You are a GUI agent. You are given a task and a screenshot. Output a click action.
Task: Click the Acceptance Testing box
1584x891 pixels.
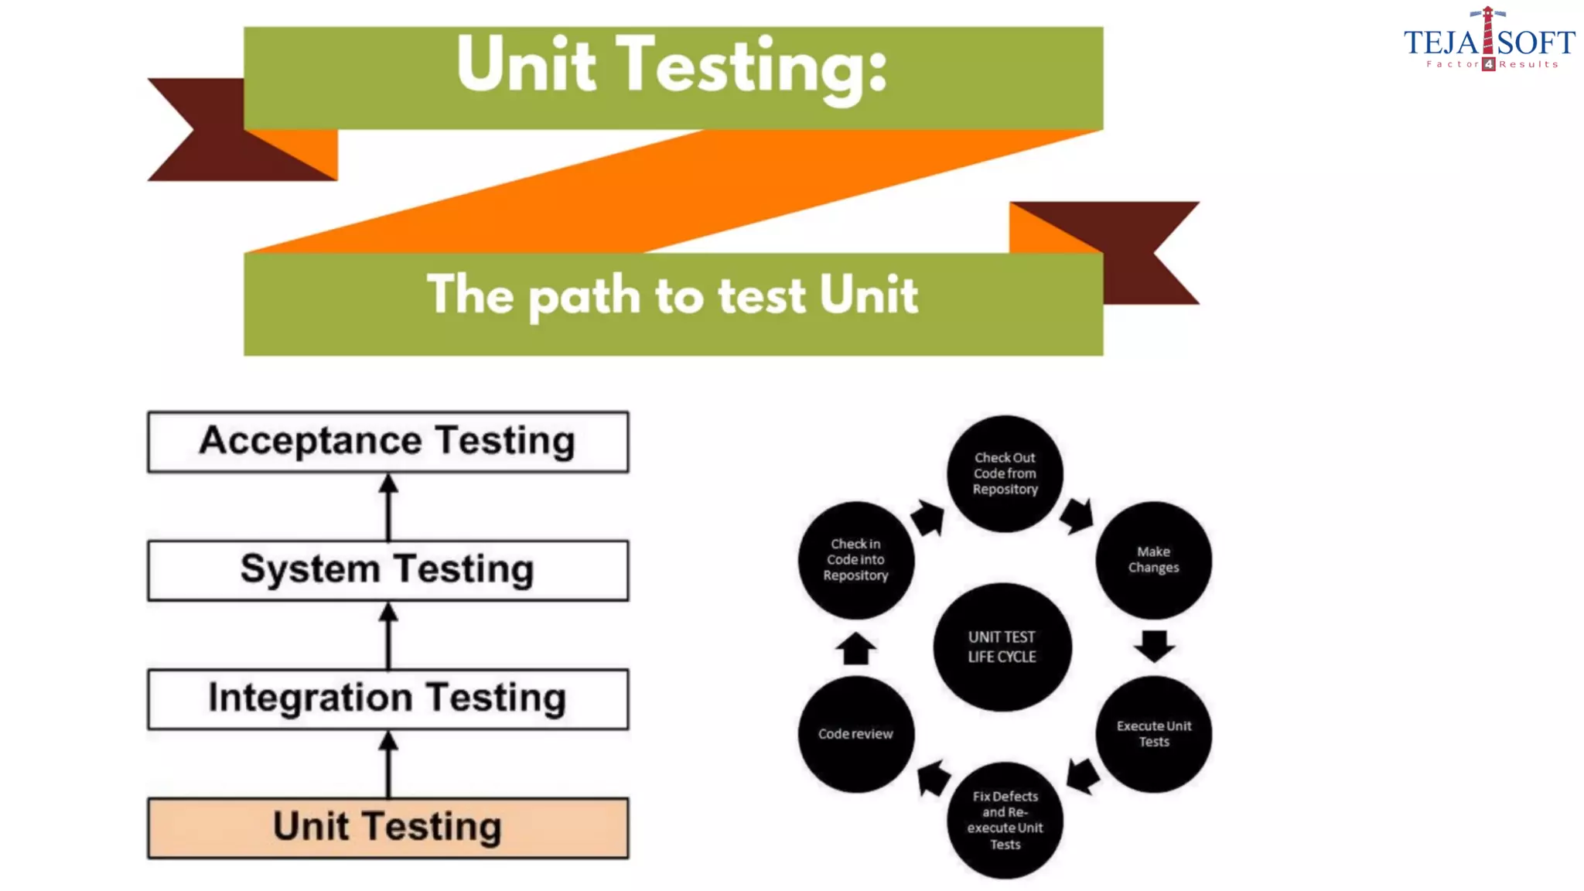coord(387,442)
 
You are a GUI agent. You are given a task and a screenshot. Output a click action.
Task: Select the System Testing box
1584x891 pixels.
coord(387,571)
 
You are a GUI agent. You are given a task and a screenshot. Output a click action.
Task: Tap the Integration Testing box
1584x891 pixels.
coord(387,699)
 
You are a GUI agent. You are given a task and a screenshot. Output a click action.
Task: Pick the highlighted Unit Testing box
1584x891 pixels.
coord(387,828)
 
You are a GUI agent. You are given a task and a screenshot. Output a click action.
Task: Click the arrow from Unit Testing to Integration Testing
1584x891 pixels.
coord(388,764)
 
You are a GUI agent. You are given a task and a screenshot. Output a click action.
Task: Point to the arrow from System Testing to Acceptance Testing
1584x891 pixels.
coord(388,507)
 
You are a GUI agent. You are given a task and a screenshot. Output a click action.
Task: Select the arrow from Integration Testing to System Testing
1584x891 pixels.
coord(388,636)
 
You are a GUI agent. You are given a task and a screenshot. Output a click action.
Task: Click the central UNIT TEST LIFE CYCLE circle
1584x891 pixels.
coord(1002,647)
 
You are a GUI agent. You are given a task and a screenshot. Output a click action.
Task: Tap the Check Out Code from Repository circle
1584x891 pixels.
coord(1005,473)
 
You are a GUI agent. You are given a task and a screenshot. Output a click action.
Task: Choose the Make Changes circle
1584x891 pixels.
coord(1153,560)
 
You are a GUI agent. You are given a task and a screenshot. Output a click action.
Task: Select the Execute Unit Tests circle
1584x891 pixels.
coord(1153,733)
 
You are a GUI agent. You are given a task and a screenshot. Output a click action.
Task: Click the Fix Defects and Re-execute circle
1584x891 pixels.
coord(1005,820)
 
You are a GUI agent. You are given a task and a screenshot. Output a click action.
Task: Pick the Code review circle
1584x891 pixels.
coord(855,733)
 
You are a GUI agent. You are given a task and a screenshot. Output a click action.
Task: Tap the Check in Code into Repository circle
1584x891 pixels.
coord(855,560)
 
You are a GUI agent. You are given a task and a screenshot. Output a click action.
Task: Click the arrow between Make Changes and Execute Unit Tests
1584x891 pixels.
coord(1154,645)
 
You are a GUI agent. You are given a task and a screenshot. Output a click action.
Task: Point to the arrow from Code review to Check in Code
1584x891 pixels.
coord(855,648)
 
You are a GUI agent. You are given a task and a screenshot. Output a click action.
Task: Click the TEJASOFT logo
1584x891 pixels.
coord(1489,41)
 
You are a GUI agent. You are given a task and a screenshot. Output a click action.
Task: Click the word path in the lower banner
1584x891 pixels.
coord(585,296)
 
